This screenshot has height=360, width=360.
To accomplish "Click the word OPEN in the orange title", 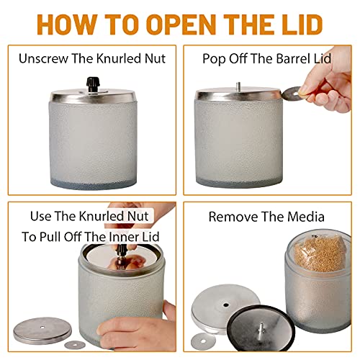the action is click(x=181, y=24).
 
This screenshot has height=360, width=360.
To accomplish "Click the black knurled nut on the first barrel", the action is click(x=93, y=84).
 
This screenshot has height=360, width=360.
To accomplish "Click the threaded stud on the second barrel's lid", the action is click(x=238, y=86).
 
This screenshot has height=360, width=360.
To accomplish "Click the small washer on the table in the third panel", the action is click(x=75, y=345).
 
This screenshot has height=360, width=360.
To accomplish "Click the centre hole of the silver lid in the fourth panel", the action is click(x=225, y=305).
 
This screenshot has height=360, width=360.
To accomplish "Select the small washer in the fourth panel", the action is click(x=203, y=341).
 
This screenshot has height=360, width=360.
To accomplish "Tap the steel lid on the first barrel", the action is click(x=93, y=96).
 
